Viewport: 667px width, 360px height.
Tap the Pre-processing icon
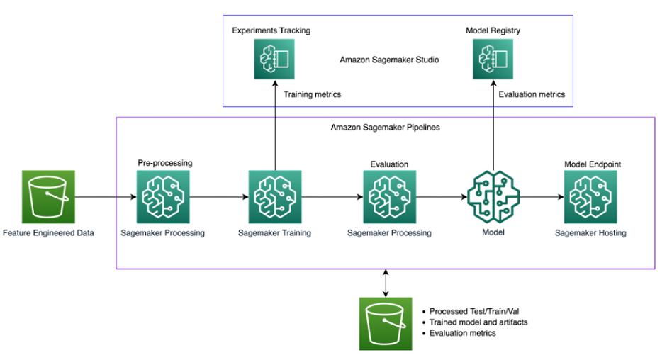164,196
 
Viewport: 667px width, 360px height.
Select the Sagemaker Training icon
275,196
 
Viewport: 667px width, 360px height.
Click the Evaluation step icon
389,196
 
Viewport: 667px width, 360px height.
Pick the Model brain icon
493,196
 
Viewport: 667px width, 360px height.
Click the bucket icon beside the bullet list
386,323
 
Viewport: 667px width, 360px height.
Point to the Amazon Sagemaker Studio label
389,60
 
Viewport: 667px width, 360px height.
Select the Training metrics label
312,94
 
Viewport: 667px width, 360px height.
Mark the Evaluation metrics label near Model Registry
532,94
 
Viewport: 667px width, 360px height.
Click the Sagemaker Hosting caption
590,232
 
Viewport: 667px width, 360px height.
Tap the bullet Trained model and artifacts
478,322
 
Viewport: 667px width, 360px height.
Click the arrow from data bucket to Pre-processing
105,196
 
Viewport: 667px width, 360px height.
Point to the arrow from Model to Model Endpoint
541,196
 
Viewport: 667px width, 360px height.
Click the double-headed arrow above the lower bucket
385,283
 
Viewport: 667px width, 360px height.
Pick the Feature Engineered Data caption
48,232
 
